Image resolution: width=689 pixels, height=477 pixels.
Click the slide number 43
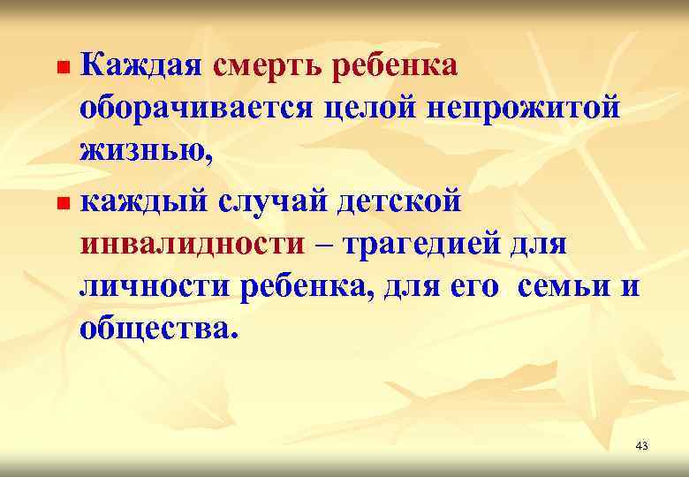[x=641, y=446]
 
